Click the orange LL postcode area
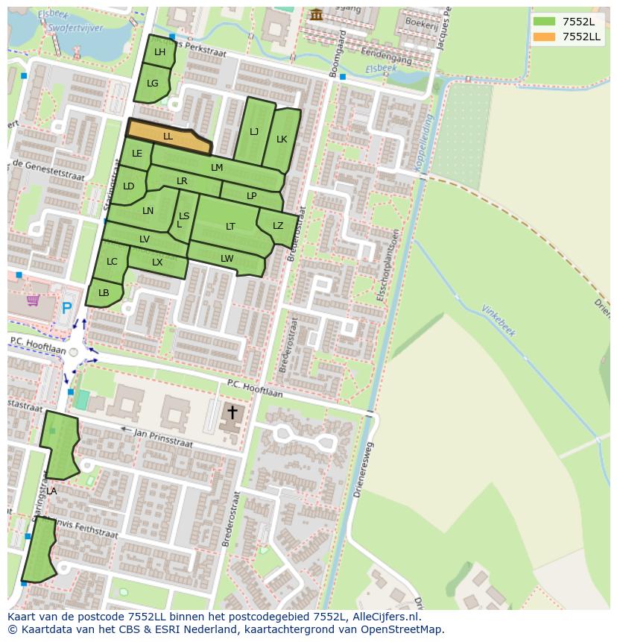click(x=168, y=136)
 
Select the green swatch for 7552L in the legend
click(x=544, y=22)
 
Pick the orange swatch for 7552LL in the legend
click(x=544, y=37)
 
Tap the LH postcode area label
click(x=159, y=52)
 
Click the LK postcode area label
click(x=282, y=139)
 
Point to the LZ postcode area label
click(x=278, y=226)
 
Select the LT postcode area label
click(x=230, y=227)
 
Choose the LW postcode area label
click(x=227, y=259)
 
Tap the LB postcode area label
click(x=104, y=293)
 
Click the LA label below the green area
click(x=51, y=491)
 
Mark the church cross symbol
click(x=232, y=412)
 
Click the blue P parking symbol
click(x=66, y=307)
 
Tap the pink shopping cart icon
click(x=33, y=300)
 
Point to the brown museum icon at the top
click(x=317, y=14)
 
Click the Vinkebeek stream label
click(x=499, y=321)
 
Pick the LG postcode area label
click(x=153, y=84)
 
